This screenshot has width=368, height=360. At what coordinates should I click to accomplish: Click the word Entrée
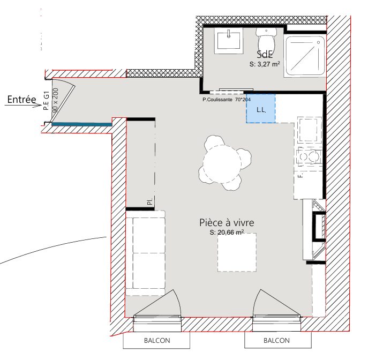(x=21, y=100)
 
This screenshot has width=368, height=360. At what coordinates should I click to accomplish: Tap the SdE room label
(x=265, y=55)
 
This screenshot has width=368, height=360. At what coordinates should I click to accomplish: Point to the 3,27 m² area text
(x=268, y=64)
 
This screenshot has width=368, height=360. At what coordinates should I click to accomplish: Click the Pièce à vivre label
(x=227, y=222)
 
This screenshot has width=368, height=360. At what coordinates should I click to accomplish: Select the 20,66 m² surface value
(x=231, y=232)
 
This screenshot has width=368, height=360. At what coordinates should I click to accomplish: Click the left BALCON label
(x=157, y=341)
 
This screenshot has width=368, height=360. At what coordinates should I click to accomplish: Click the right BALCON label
(x=277, y=341)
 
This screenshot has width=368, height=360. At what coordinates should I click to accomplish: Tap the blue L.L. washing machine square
(x=261, y=108)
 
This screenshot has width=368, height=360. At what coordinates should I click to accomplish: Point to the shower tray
(x=305, y=56)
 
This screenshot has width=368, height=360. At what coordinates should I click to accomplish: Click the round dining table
(x=222, y=163)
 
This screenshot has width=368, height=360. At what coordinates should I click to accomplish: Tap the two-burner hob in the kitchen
(x=309, y=156)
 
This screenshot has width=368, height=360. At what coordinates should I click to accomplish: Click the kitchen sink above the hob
(x=310, y=130)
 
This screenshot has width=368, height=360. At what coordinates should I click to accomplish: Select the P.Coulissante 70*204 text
(x=227, y=100)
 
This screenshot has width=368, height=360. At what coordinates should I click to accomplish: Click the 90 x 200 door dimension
(x=56, y=100)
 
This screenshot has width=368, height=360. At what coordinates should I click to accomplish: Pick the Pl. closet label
(x=150, y=201)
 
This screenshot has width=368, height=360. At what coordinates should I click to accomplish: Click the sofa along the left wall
(x=146, y=253)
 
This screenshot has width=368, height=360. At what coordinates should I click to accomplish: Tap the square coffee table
(x=237, y=252)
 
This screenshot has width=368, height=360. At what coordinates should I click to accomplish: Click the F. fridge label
(x=301, y=175)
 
